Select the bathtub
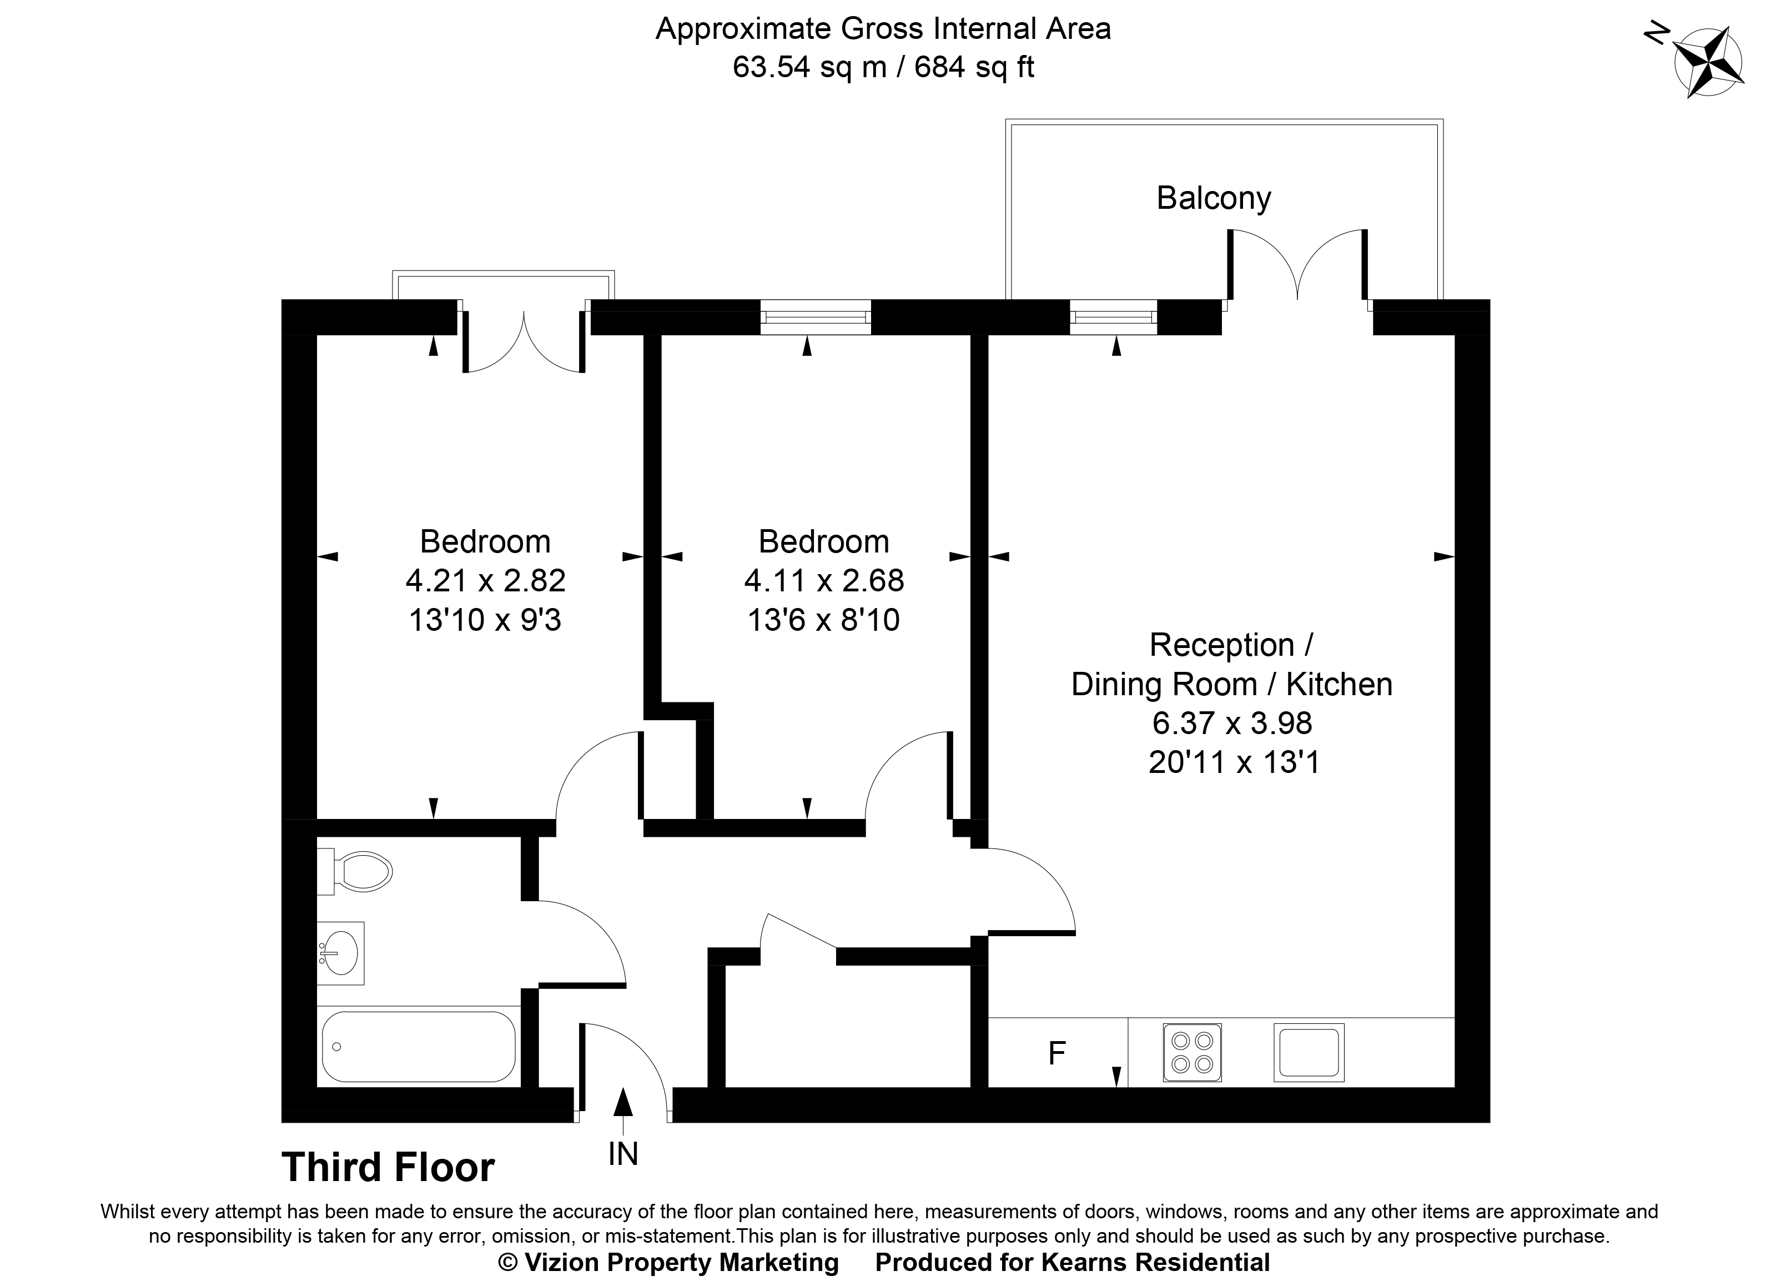(x=417, y=1046)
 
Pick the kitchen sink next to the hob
(x=1309, y=1052)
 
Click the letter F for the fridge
(x=1056, y=1054)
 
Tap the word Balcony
(x=1214, y=198)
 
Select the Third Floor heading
(x=388, y=1167)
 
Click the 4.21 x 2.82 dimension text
(x=485, y=581)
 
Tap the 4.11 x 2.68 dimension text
(x=824, y=581)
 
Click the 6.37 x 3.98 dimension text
(x=1232, y=723)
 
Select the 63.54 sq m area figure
(x=809, y=67)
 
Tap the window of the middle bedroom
(x=815, y=317)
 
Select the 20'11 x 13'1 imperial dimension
(x=1234, y=762)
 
